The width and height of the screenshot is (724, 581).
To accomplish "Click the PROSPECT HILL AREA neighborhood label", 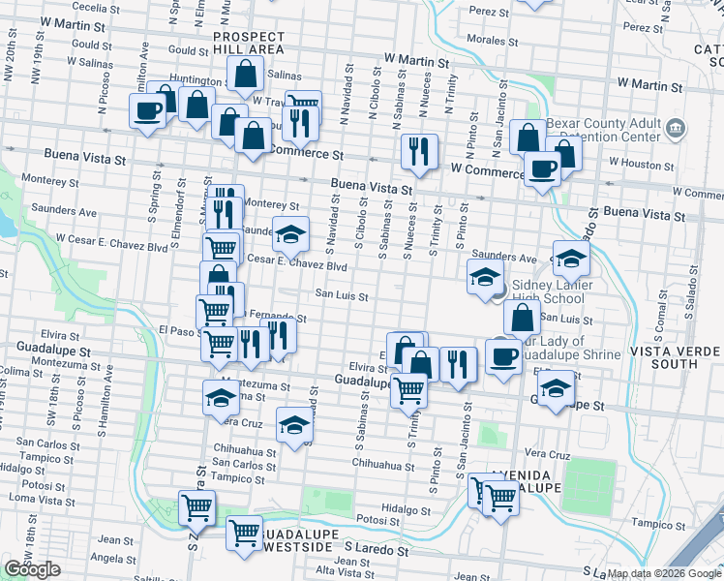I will pos(249,42).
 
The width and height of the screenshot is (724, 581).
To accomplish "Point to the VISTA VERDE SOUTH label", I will pos(677,357).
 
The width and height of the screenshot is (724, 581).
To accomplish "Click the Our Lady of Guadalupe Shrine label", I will pos(569,349).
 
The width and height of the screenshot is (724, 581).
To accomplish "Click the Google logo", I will pos(32,569).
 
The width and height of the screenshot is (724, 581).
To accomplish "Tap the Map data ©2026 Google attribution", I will pos(664,573).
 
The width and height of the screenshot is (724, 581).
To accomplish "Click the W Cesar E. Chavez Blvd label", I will pos(112,238).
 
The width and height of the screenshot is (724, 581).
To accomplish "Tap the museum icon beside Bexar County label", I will pos(676,127).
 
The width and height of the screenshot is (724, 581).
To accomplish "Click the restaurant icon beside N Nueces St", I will pos(419,149).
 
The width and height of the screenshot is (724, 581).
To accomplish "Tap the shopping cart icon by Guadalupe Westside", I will pos(244,532).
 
